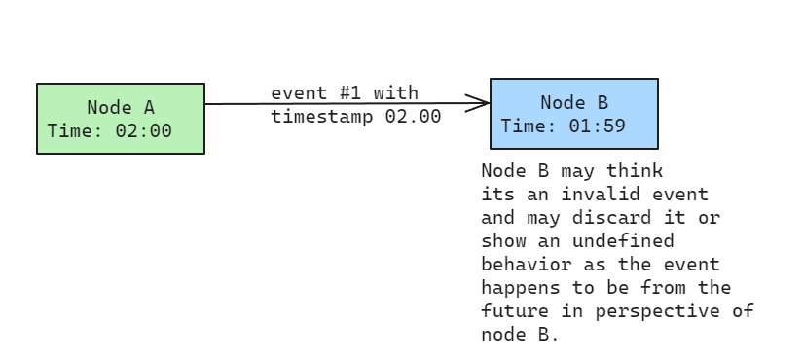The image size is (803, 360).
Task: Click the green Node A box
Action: click(x=121, y=119)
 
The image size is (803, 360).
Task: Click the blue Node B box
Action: click(x=573, y=114)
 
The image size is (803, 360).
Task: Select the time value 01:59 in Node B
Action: click(x=597, y=126)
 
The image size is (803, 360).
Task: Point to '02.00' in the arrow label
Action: click(x=413, y=117)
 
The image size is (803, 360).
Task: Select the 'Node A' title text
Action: click(x=121, y=108)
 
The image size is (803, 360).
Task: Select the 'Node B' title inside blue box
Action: click(x=574, y=102)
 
